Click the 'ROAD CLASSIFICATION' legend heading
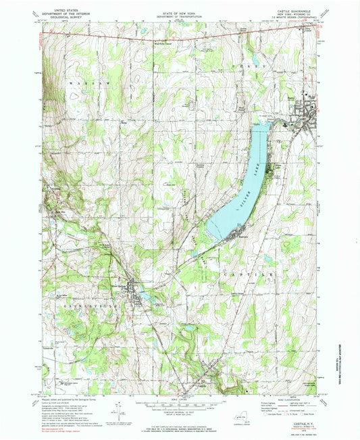(x=296, y=397)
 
